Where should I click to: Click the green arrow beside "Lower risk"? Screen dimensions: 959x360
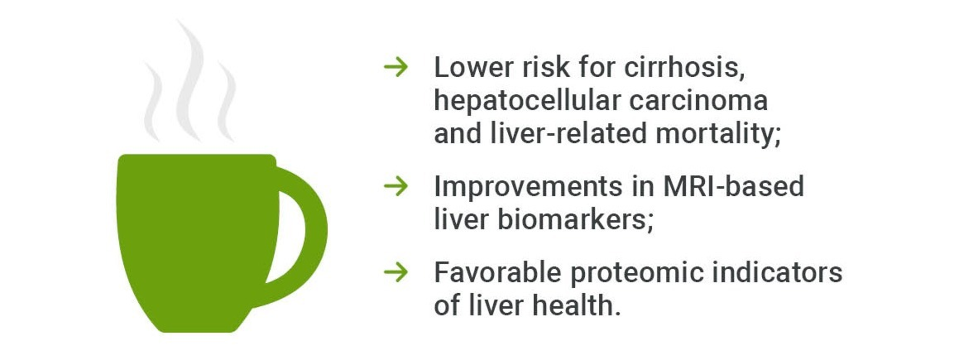click(396, 67)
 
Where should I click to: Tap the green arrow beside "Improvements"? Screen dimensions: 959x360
click(396, 186)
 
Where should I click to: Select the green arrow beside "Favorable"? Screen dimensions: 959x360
click(396, 272)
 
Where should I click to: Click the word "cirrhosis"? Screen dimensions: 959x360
click(684, 67)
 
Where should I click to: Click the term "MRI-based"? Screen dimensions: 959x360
click(734, 186)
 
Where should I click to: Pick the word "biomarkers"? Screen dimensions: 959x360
click(576, 219)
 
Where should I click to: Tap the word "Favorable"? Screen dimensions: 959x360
click(498, 272)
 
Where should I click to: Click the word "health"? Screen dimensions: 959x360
click(577, 305)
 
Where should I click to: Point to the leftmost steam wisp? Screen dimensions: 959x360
click(153, 101)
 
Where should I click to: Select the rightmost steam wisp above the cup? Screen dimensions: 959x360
click(227, 101)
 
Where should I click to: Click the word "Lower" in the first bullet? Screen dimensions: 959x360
click(474, 67)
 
